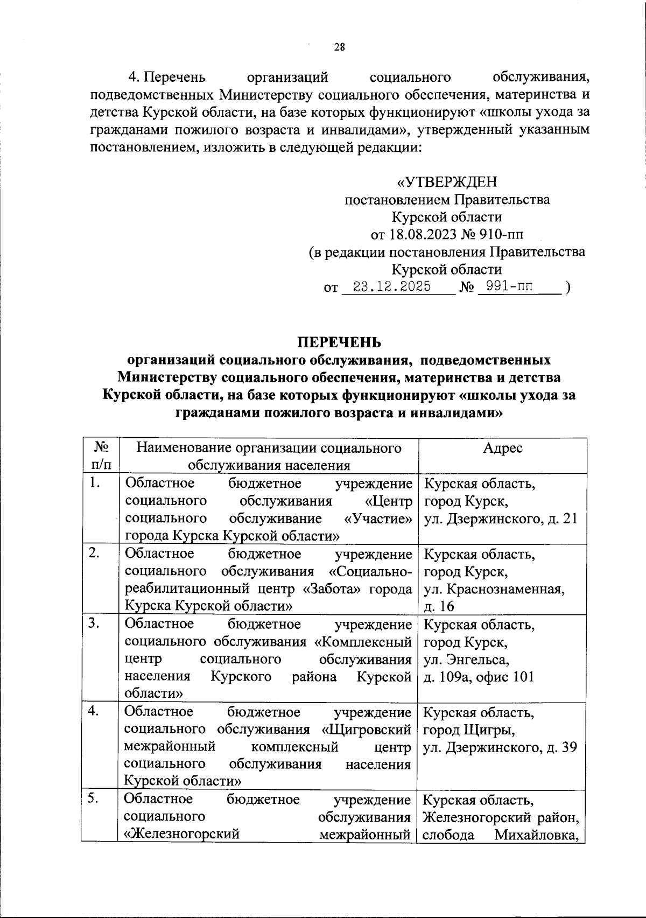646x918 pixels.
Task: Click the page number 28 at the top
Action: click(339, 47)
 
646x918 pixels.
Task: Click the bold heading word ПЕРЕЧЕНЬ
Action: click(339, 342)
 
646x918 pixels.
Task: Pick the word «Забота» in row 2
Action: click(332, 588)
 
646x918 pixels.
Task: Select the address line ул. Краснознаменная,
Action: click(494, 589)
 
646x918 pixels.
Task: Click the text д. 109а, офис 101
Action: click(479, 676)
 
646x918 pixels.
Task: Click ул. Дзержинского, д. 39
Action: click(500, 747)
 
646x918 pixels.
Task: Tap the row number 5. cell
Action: click(95, 799)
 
